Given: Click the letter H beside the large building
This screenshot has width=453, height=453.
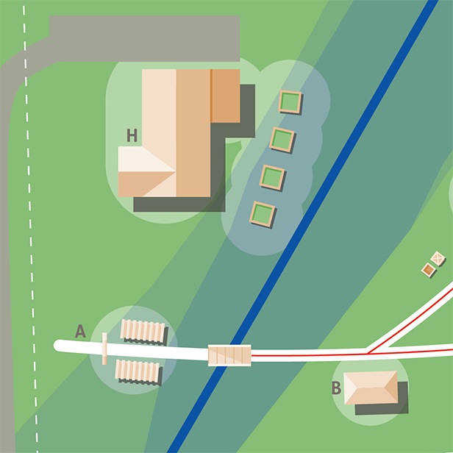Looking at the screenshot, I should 132,135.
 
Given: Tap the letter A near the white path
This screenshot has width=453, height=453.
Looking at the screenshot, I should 80,332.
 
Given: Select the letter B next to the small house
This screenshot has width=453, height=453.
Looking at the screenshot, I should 336,388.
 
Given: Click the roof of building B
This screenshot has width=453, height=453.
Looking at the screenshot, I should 371,387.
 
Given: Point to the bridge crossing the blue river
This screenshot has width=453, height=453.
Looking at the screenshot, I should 229,355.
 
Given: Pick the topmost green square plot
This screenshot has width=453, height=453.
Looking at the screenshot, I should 290,101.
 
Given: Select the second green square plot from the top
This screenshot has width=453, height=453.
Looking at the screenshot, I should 282,139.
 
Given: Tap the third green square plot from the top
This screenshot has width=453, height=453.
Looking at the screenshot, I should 272,177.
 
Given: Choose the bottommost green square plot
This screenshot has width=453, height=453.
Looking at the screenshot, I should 263,215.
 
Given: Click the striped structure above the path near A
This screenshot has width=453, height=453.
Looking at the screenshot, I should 143,331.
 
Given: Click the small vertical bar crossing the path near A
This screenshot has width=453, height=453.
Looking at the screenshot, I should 105,348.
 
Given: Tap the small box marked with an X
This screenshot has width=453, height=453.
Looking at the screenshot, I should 438,259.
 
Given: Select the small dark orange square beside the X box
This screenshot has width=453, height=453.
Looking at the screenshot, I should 428,271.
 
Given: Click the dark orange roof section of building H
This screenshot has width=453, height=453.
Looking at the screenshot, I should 226,96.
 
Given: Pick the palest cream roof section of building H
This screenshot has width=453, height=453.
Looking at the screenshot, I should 140,159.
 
